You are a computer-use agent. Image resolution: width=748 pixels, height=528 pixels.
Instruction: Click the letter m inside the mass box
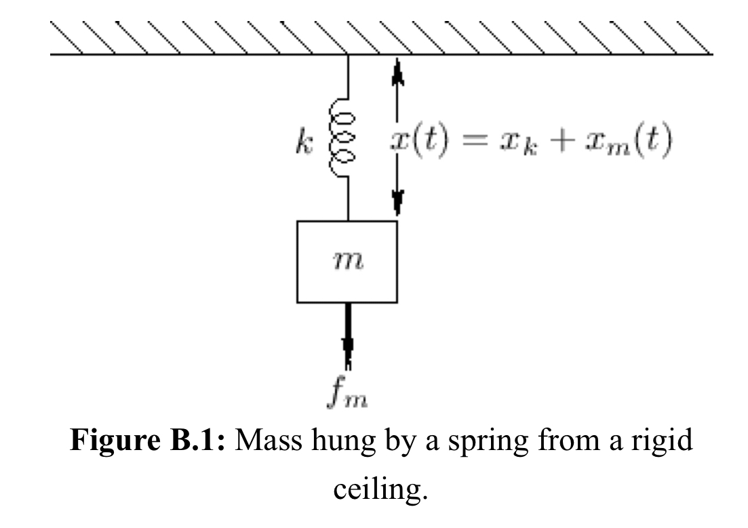tap(349, 262)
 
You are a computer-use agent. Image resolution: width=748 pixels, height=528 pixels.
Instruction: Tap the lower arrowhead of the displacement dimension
tap(397, 203)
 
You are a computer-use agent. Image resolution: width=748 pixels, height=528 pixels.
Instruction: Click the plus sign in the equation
tap(562, 142)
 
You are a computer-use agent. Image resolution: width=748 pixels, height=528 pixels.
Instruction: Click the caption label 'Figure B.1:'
tap(147, 440)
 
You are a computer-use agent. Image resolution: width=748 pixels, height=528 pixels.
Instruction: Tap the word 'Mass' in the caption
tap(269, 440)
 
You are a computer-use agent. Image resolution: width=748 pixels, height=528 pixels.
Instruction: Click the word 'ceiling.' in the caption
tap(380, 489)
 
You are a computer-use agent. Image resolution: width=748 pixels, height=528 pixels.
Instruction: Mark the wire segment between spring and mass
tap(349, 199)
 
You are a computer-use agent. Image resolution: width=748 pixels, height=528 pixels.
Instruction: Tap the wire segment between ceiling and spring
tap(349, 77)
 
